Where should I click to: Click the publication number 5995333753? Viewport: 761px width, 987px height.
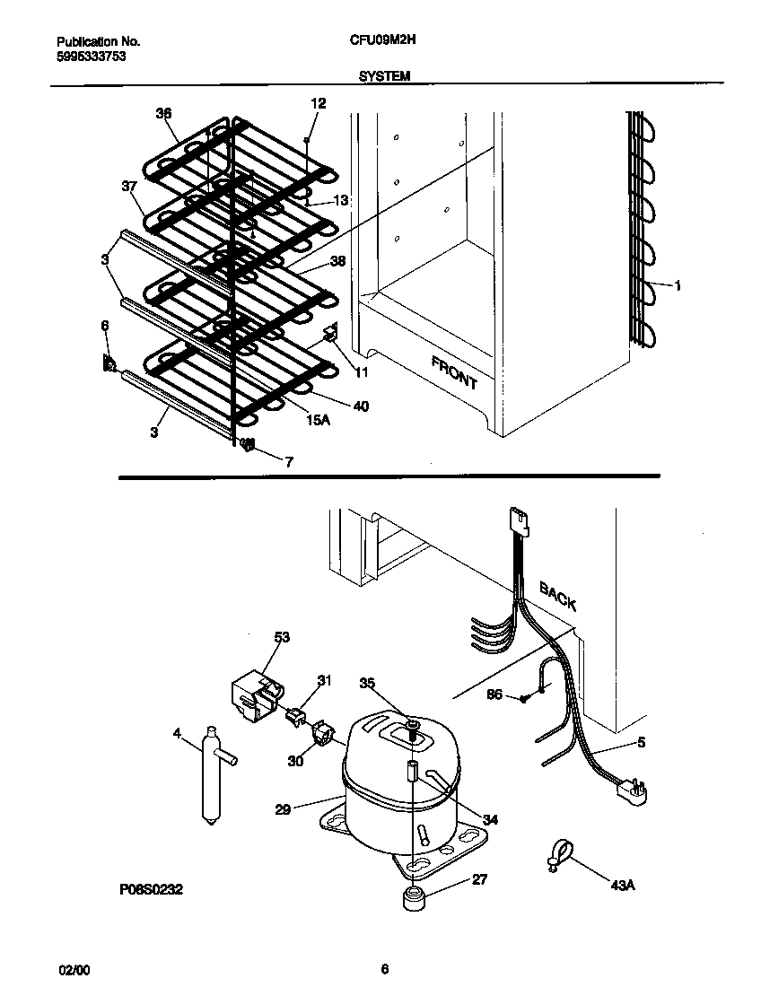(88, 55)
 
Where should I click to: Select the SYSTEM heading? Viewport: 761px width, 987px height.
(384, 77)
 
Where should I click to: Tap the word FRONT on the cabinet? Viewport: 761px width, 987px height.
(454, 372)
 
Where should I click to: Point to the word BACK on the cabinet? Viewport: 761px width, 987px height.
(557, 595)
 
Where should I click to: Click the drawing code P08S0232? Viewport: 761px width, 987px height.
(151, 893)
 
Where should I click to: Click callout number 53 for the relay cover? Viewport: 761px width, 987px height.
(282, 638)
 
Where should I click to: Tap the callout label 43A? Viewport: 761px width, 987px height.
(622, 886)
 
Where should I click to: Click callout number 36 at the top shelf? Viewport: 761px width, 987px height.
(162, 113)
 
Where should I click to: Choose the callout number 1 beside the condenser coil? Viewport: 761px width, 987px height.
(677, 286)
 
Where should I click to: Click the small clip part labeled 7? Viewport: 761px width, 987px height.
(249, 443)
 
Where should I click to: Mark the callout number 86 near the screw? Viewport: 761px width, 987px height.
(494, 694)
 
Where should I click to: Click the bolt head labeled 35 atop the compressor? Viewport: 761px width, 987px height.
(411, 724)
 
